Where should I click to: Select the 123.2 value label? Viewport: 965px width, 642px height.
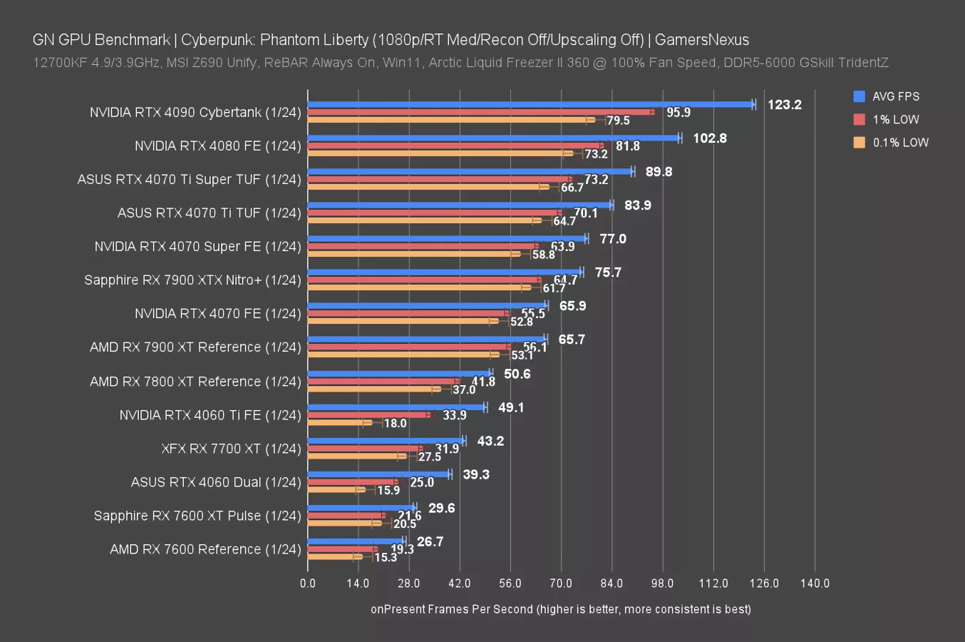pos(784,105)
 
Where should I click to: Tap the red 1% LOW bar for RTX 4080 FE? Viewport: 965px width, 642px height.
pos(453,146)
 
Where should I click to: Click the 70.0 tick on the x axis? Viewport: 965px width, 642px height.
pos(561,583)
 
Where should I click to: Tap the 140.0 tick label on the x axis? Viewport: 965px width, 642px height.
pos(815,583)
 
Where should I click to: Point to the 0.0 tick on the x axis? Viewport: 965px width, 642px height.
pos(308,583)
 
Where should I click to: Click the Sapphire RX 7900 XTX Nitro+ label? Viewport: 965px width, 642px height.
pos(192,280)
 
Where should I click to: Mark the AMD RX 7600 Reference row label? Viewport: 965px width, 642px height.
pos(205,549)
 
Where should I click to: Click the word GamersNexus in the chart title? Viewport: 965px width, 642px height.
pos(701,40)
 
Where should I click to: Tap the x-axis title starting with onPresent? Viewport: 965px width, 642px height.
pos(560,609)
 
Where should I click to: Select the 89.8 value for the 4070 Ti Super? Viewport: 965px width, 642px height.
pos(659,172)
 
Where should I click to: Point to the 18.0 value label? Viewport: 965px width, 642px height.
pos(395,424)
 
